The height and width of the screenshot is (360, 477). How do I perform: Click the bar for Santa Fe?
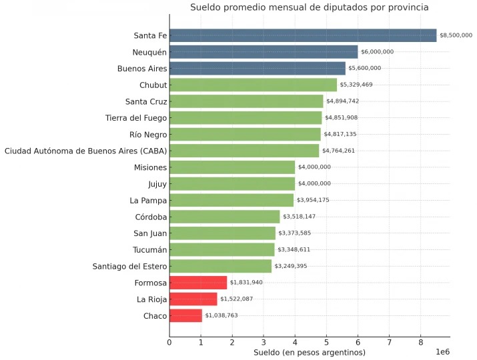[x=303, y=35]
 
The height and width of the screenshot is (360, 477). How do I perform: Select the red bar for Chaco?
[x=185, y=315]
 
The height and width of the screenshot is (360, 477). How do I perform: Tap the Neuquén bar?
[x=264, y=52]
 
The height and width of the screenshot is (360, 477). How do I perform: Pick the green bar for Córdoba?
[x=224, y=217]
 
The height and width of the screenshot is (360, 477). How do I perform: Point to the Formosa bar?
[x=198, y=283]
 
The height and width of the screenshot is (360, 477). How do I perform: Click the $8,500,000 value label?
[x=456, y=35]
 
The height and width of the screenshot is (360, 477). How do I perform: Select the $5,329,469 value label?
[x=356, y=85]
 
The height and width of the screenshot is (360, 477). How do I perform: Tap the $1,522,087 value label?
[x=236, y=299]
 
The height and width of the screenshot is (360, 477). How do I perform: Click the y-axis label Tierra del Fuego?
[x=136, y=118]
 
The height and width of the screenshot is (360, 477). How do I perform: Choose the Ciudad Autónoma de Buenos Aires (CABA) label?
[x=86, y=151]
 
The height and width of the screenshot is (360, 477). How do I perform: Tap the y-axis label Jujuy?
[x=157, y=183]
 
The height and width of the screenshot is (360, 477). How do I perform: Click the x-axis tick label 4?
[x=295, y=343]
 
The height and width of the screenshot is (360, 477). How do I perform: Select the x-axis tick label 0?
[x=169, y=343]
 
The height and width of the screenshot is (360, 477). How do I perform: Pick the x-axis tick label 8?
[x=420, y=343]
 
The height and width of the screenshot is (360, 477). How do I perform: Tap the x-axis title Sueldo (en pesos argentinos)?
[x=310, y=352]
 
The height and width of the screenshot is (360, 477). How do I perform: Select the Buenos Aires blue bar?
[x=257, y=68]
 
